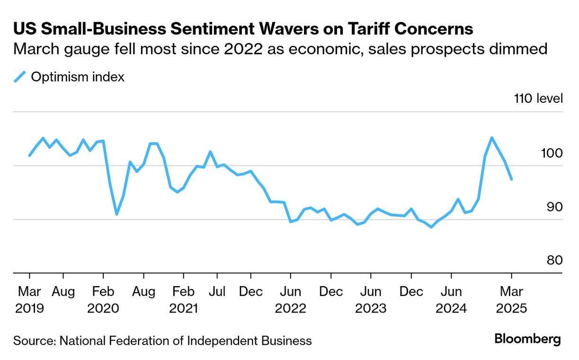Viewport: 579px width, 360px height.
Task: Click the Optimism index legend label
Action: coord(78,77)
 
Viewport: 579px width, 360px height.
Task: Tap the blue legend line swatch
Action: coord(19,77)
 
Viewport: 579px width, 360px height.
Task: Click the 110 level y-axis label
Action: coord(538,99)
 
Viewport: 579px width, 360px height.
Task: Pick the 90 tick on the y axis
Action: coord(554,207)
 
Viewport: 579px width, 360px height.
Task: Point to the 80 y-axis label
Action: coord(554,261)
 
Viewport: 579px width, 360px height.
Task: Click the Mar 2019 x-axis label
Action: coord(29,300)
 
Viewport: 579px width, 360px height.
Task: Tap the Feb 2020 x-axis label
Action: coord(103,300)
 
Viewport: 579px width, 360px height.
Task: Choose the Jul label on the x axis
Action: coord(217,292)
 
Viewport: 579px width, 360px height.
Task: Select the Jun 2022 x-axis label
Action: coord(290,300)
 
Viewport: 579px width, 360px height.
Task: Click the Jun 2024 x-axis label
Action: coord(452,300)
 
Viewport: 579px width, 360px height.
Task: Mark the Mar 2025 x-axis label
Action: coord(512,300)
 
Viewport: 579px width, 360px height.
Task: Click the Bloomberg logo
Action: coord(527,339)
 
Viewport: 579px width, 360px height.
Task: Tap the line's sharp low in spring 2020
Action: coord(116,214)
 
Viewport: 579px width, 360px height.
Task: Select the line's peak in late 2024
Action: coord(491,138)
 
